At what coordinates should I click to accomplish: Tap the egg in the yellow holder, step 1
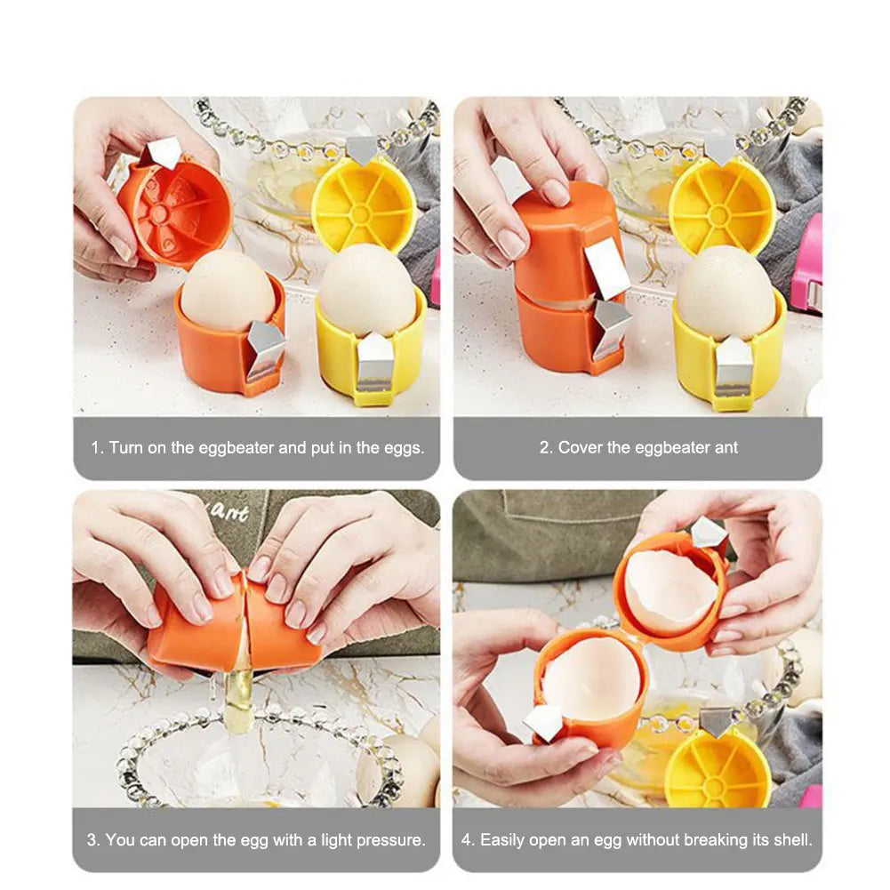pyautogui.click(x=369, y=290)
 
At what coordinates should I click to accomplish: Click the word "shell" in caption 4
pyautogui.click(x=795, y=839)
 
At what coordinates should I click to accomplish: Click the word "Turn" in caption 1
pyautogui.click(x=125, y=447)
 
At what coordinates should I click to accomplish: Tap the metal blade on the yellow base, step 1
pyautogui.click(x=374, y=364)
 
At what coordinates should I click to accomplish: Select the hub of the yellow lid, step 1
pyautogui.click(x=360, y=214)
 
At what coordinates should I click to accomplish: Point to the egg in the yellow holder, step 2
pyautogui.click(x=726, y=293)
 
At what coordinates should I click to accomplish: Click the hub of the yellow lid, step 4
pyautogui.click(x=714, y=786)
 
